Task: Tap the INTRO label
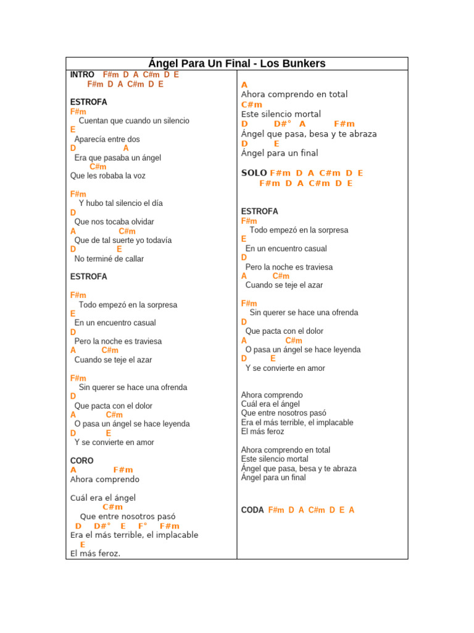click(82, 75)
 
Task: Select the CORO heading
click(82, 461)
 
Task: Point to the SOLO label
click(254, 173)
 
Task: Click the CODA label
click(252, 510)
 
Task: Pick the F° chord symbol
click(143, 526)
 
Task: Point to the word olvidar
click(140, 222)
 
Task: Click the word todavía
click(157, 240)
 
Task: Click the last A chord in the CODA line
click(351, 510)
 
